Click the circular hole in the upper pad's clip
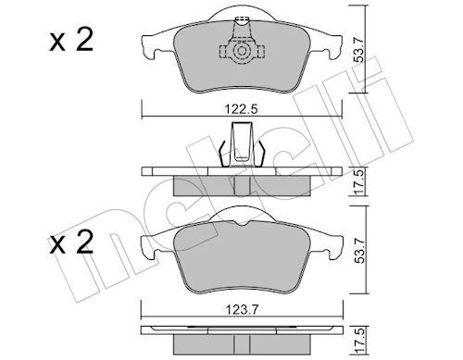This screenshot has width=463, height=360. (243, 54)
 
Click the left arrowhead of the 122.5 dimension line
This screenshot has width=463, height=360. (144, 117)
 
